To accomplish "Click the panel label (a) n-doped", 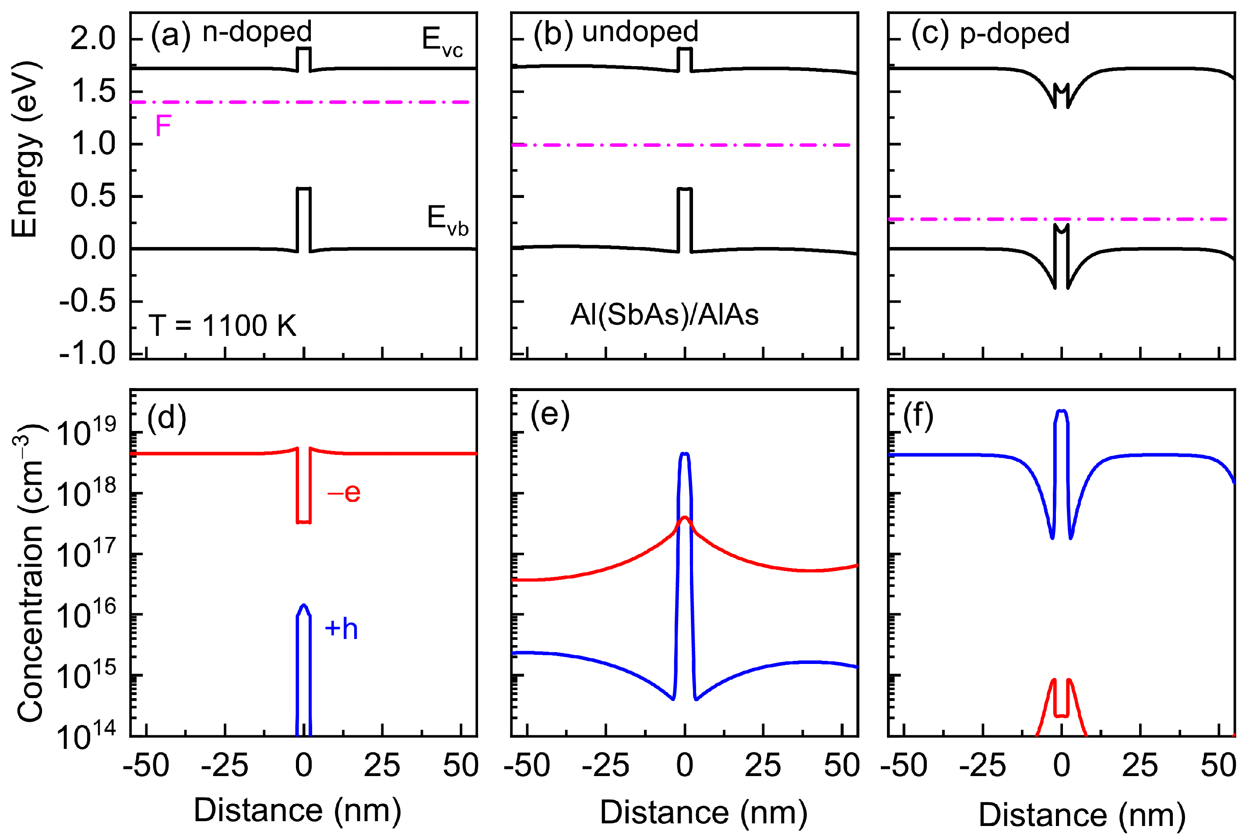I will (231, 33).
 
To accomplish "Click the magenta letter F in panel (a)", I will (163, 127).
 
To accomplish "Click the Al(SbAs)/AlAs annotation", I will (665, 314).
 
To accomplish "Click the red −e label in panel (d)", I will (344, 492).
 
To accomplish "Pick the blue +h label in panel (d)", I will (341, 628).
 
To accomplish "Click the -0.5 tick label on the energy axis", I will (87, 302).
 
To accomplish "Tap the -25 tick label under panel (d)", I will (224, 766).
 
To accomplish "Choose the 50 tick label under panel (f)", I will (1218, 766).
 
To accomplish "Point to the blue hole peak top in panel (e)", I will (685, 454).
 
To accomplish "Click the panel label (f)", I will (918, 415).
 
